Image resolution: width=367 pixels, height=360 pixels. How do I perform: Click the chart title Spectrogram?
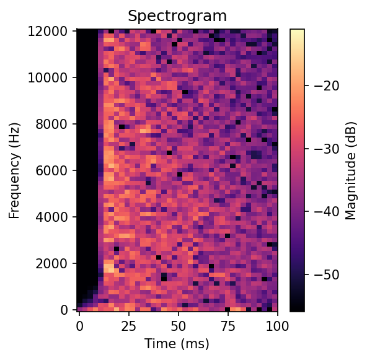point(177,15)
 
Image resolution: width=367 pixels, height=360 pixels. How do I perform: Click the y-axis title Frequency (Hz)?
point(14,170)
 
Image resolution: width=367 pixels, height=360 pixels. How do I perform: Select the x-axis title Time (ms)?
point(177,343)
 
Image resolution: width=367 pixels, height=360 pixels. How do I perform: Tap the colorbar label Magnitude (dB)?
point(351,170)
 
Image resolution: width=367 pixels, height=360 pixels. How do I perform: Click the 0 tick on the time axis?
point(79,324)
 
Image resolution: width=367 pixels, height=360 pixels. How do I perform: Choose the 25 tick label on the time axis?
point(129,324)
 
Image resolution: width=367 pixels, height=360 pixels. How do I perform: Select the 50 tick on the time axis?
point(179,324)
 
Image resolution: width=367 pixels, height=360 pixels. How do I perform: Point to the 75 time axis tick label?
point(228,324)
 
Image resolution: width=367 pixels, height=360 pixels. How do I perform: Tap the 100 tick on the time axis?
point(277,324)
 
